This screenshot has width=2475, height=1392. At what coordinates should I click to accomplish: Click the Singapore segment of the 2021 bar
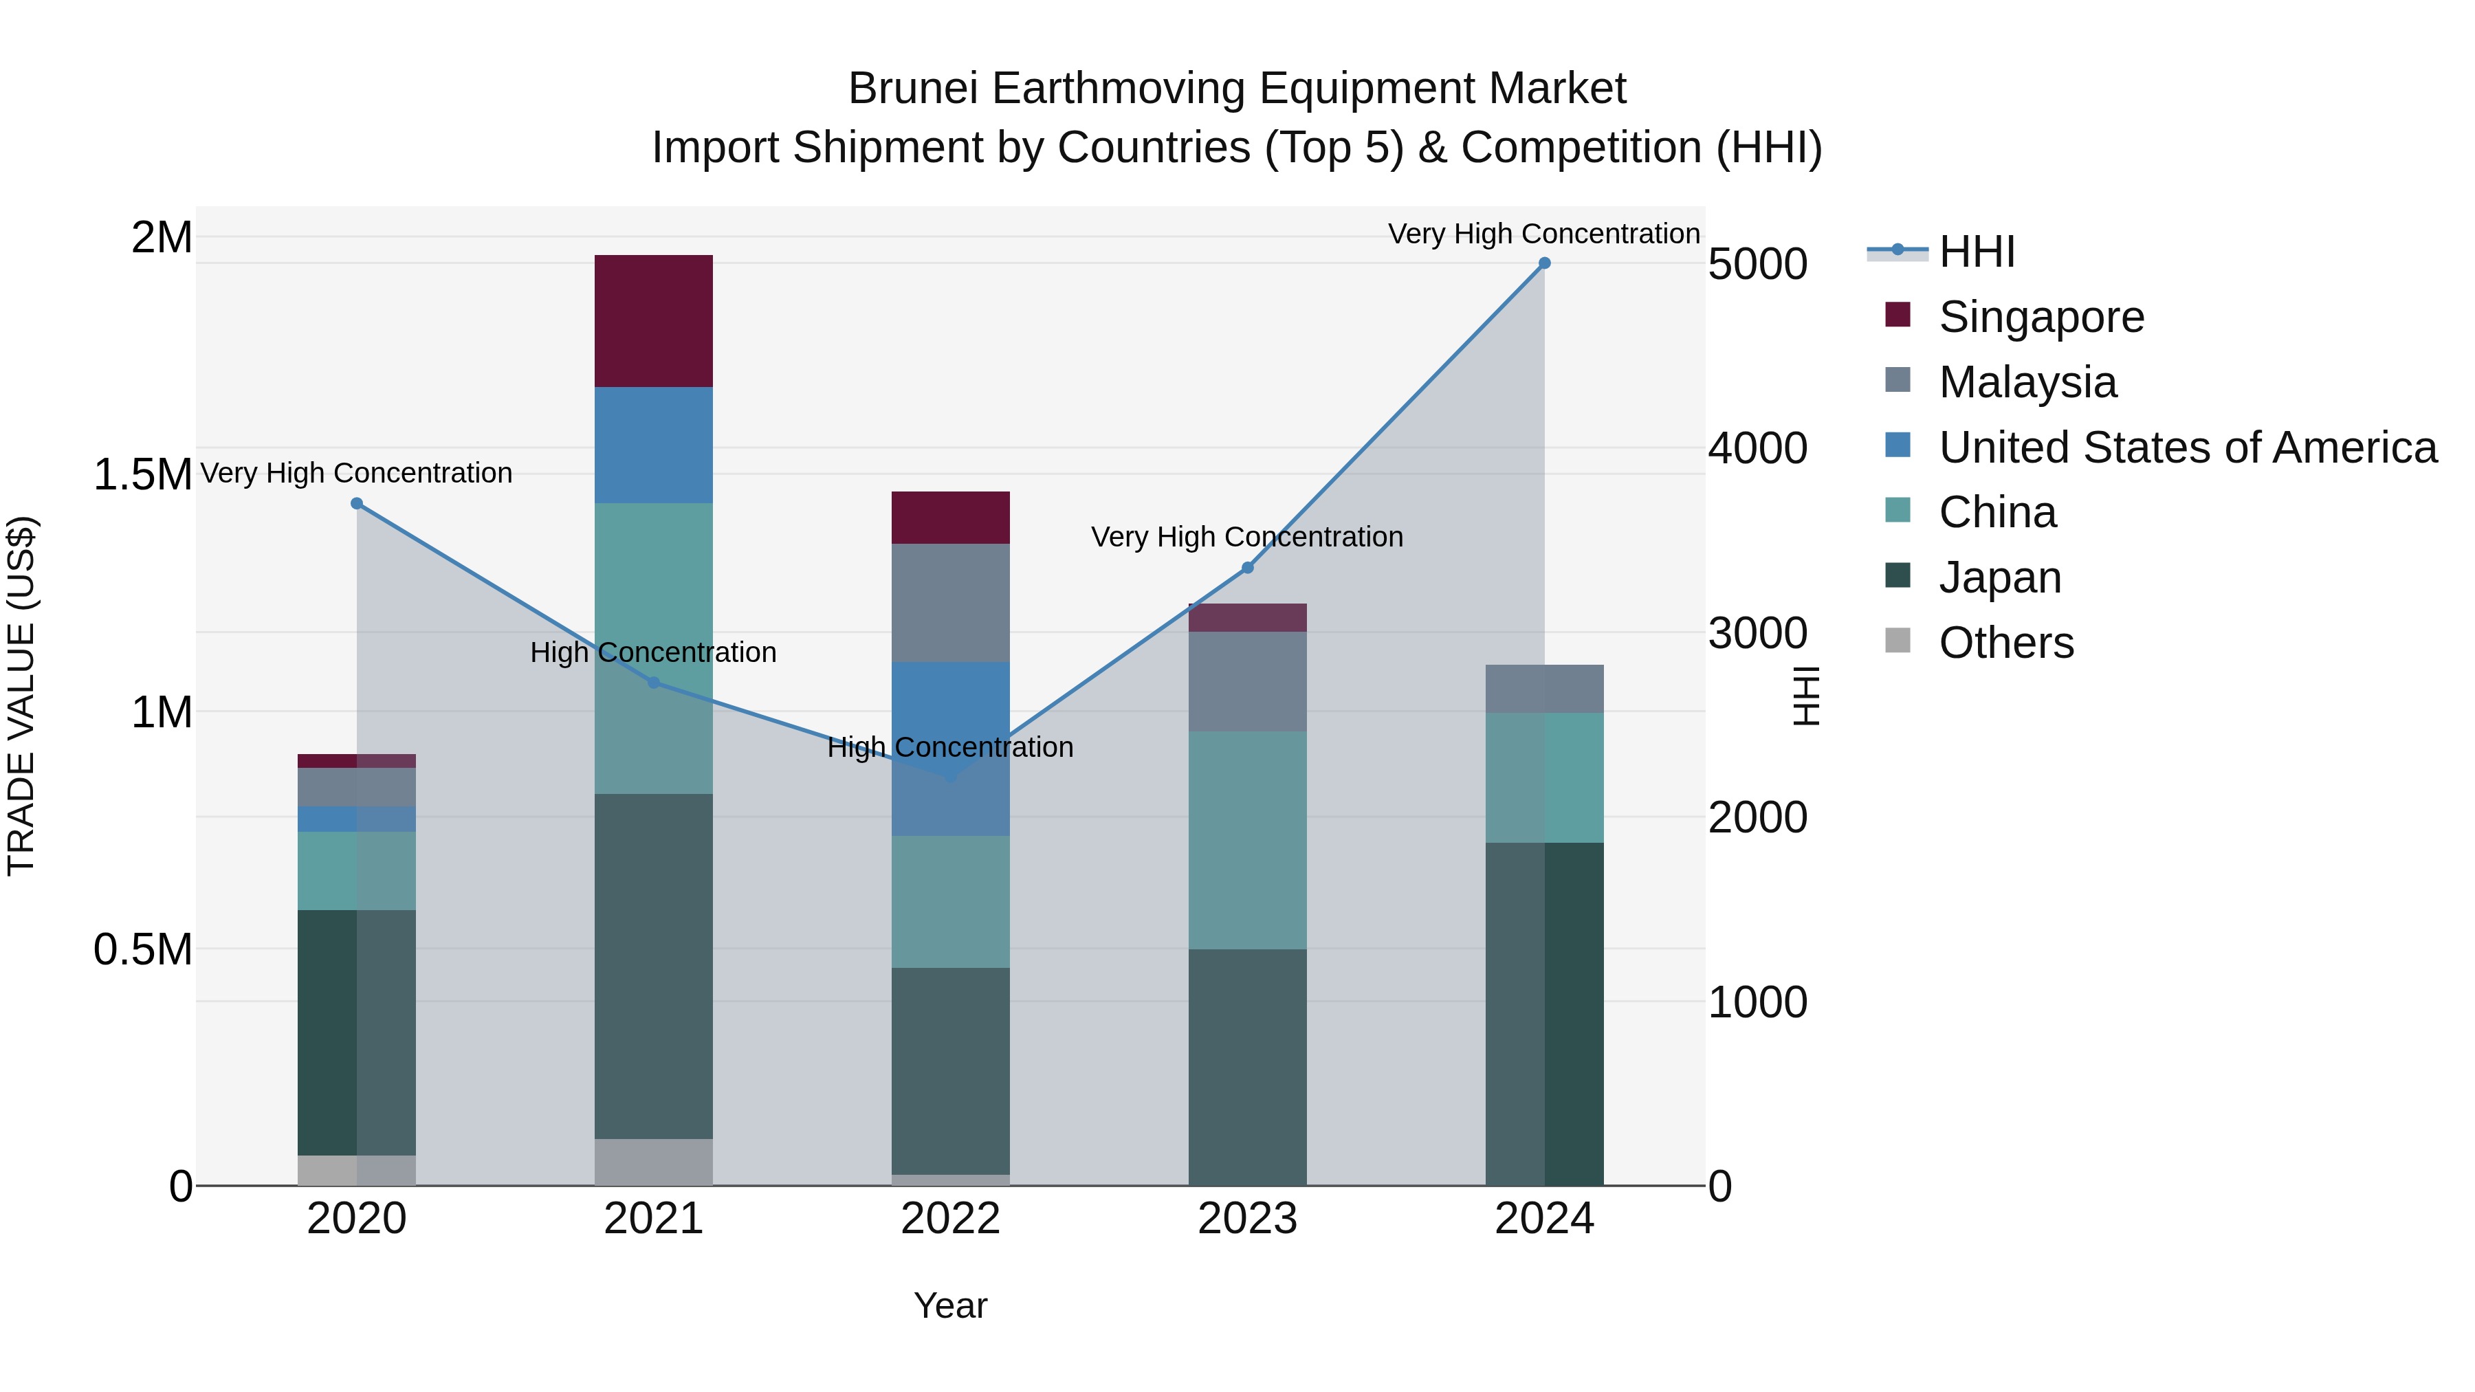tap(653, 321)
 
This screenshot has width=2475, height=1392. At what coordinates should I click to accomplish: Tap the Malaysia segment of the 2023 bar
tap(1247, 681)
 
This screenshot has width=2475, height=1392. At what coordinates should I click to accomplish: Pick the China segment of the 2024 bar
tap(1544, 777)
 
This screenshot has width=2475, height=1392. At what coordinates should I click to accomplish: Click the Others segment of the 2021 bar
tap(653, 1162)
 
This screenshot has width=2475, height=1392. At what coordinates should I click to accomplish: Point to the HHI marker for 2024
tap(1544, 263)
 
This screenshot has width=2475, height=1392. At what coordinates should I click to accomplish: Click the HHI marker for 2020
tap(356, 503)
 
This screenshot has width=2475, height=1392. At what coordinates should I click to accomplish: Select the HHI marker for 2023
tap(1247, 568)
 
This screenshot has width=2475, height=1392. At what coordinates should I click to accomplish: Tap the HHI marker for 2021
tap(653, 682)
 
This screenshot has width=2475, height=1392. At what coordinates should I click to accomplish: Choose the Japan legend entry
tap(1999, 577)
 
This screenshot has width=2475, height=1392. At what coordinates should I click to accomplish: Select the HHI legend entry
tap(1977, 252)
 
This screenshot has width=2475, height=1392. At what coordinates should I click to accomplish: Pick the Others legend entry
tap(2006, 643)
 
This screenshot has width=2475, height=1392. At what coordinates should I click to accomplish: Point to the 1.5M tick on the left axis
tap(142, 474)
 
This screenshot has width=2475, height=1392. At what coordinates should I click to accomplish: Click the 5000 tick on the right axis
tap(1757, 264)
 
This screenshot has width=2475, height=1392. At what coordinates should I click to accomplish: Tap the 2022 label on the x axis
tap(950, 1219)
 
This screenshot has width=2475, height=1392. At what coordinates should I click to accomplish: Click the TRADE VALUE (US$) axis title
tap(21, 696)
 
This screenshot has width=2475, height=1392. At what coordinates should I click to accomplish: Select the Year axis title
tap(950, 1305)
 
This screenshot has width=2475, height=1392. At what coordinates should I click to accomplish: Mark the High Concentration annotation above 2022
tap(950, 747)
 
